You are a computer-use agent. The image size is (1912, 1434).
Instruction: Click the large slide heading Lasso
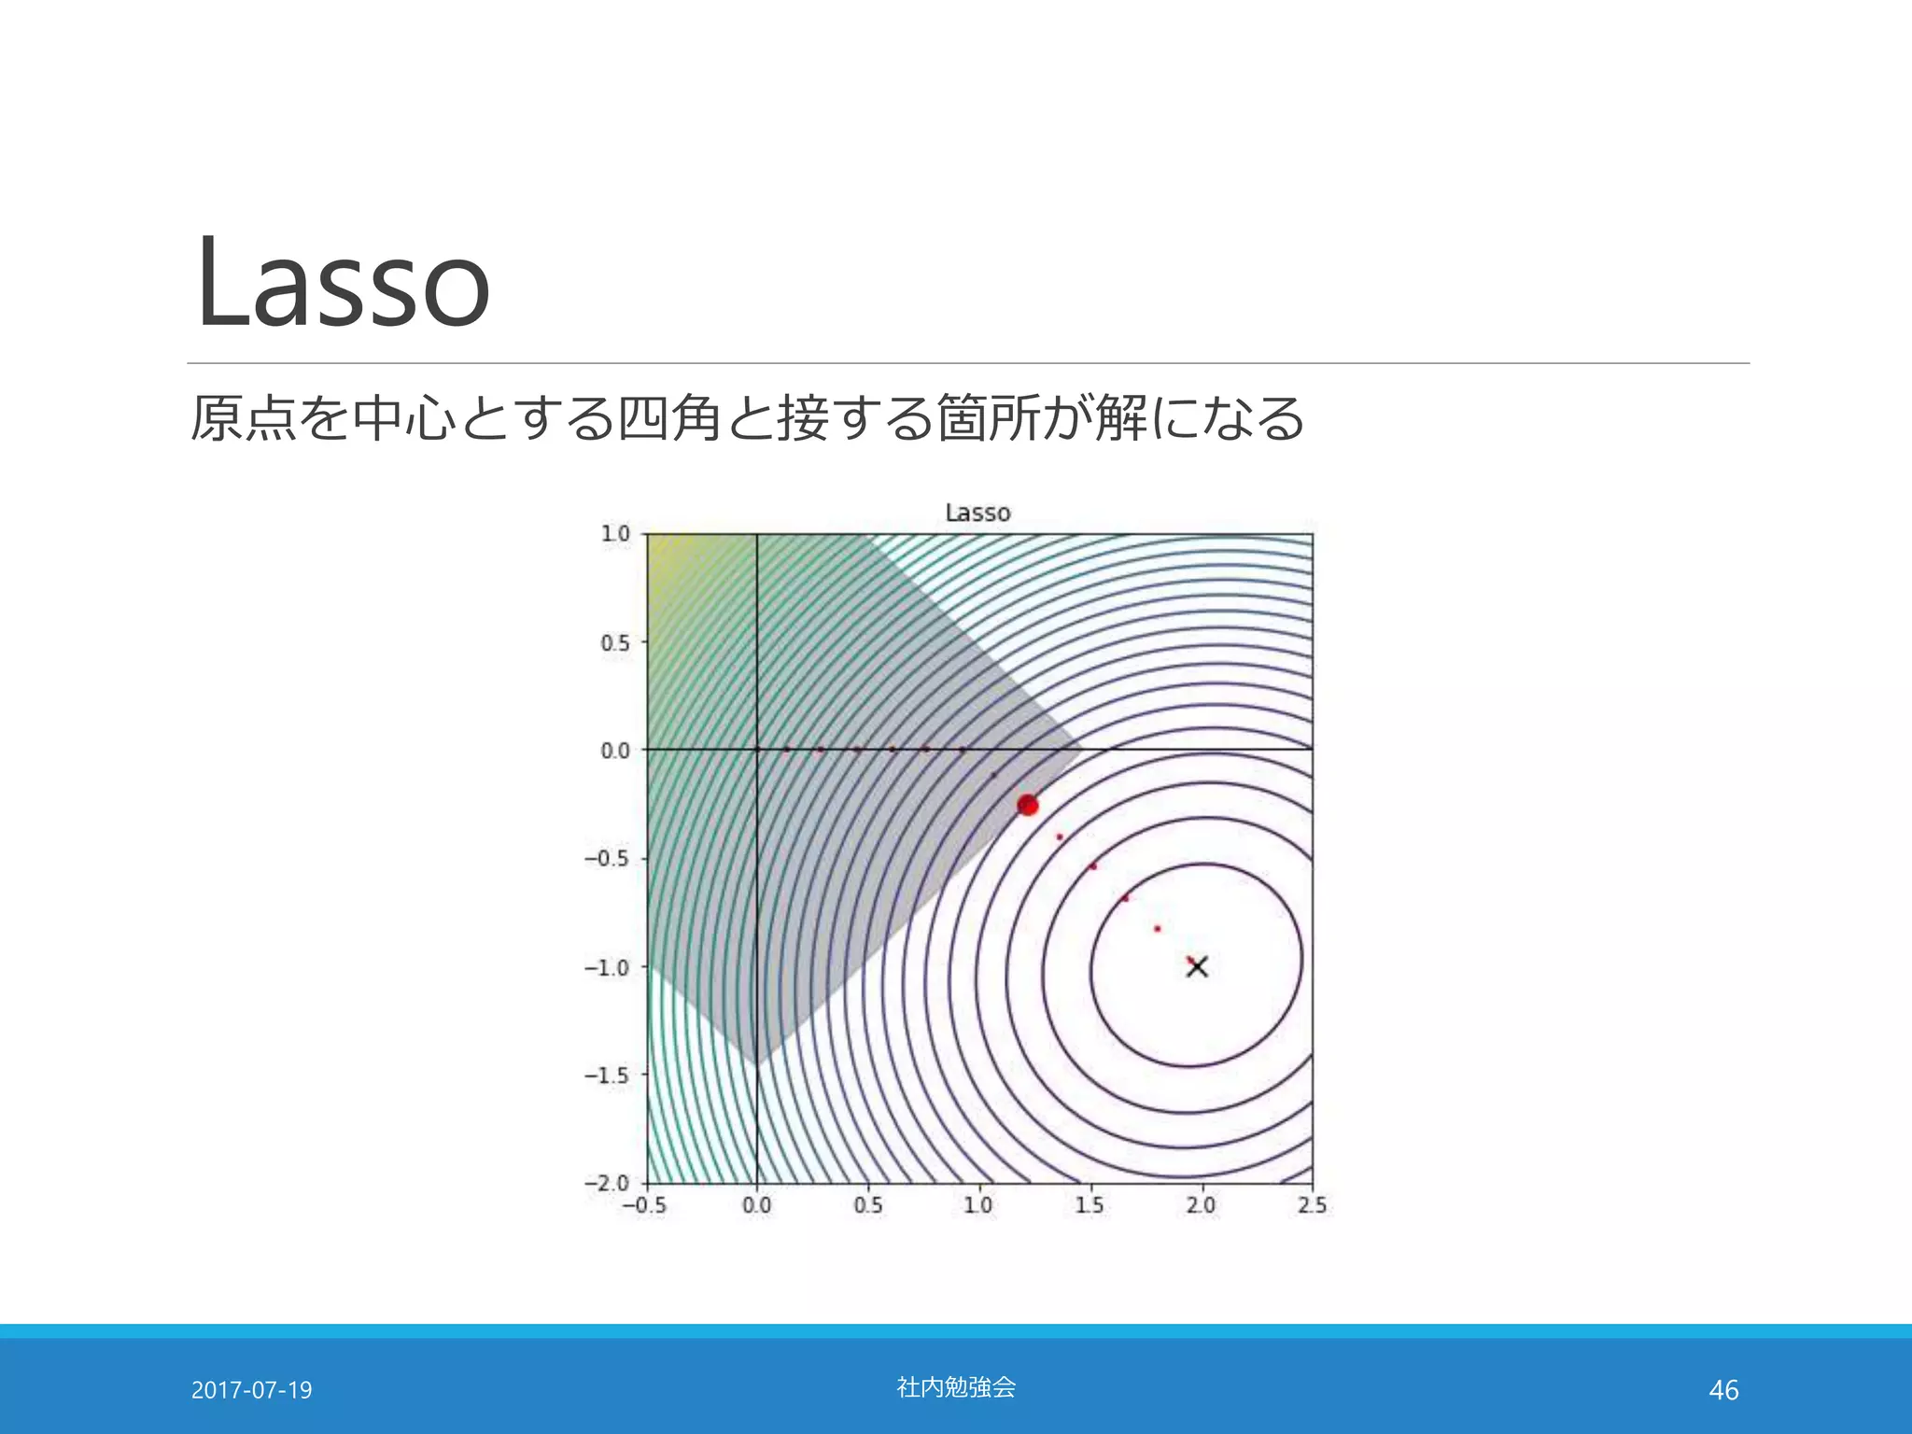coord(342,282)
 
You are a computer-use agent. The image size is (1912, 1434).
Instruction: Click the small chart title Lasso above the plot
coord(977,513)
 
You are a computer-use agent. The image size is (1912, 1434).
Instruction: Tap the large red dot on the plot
coord(1027,805)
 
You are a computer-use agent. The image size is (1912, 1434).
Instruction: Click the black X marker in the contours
coord(1197,966)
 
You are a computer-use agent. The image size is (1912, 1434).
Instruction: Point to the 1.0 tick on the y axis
coord(615,534)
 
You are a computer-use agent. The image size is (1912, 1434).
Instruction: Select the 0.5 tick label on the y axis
coord(615,643)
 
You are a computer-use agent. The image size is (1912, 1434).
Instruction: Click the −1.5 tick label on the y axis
coord(607,1075)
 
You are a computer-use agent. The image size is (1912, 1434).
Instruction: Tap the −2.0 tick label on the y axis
coord(607,1184)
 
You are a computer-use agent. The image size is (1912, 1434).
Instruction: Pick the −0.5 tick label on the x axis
coord(644,1205)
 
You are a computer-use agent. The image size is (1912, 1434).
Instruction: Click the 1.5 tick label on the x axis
coord(1090,1205)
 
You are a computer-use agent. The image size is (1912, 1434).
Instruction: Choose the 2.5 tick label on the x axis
coord(1312,1205)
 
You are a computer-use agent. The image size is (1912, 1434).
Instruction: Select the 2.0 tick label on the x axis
coord(1201,1205)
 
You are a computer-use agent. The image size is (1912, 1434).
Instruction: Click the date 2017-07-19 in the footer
coord(251,1390)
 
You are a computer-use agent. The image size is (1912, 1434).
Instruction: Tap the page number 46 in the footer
coord(1723,1390)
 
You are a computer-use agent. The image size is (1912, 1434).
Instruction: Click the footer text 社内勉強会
coord(956,1387)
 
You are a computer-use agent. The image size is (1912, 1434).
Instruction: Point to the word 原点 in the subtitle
coord(244,417)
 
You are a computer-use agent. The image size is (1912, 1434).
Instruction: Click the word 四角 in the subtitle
coord(669,417)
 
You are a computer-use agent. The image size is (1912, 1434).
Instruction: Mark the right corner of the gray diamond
coord(1080,749)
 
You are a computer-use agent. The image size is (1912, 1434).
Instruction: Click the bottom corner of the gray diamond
coord(757,1064)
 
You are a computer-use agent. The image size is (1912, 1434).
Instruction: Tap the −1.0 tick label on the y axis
coord(607,967)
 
